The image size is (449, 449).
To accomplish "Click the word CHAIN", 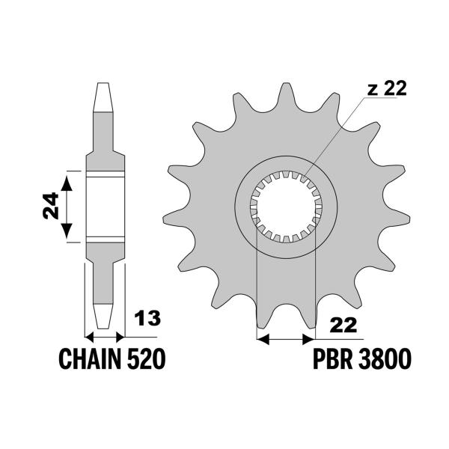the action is click(91, 359).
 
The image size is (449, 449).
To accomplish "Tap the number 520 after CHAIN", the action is click(146, 359).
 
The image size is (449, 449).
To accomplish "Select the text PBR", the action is click(333, 359).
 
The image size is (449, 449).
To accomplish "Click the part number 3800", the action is click(385, 359).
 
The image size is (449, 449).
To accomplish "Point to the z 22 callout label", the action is click(387, 88).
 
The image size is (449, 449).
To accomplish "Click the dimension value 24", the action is click(51, 206).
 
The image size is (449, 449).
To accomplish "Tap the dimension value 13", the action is click(147, 318).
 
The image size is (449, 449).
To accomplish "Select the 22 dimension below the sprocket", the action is click(343, 326).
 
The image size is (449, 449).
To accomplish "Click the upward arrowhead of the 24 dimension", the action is click(67, 183).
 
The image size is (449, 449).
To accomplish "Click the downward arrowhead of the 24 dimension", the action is click(67, 230).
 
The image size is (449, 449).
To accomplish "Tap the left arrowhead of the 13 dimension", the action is click(90, 337).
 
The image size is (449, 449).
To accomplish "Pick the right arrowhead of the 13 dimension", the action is click(120, 337).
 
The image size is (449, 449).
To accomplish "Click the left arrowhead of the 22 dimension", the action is click(263, 340).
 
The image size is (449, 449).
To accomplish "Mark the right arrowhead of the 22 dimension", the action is click(308, 340).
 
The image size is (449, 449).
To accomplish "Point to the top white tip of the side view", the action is click(103, 97).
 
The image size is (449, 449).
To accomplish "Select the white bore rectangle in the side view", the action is click(106, 207).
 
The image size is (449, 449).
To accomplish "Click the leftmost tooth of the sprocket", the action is click(176, 219).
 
